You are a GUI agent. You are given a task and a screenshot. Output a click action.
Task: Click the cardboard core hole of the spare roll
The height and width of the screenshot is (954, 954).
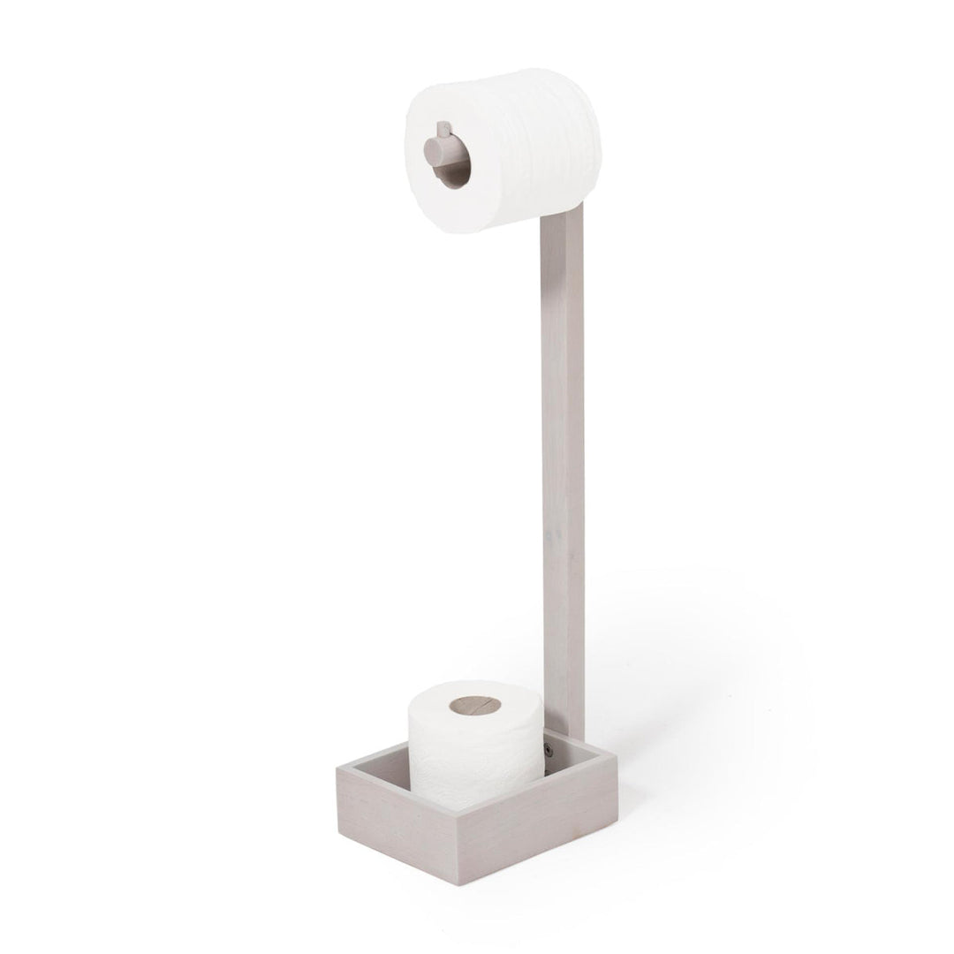pyautogui.click(x=474, y=706)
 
